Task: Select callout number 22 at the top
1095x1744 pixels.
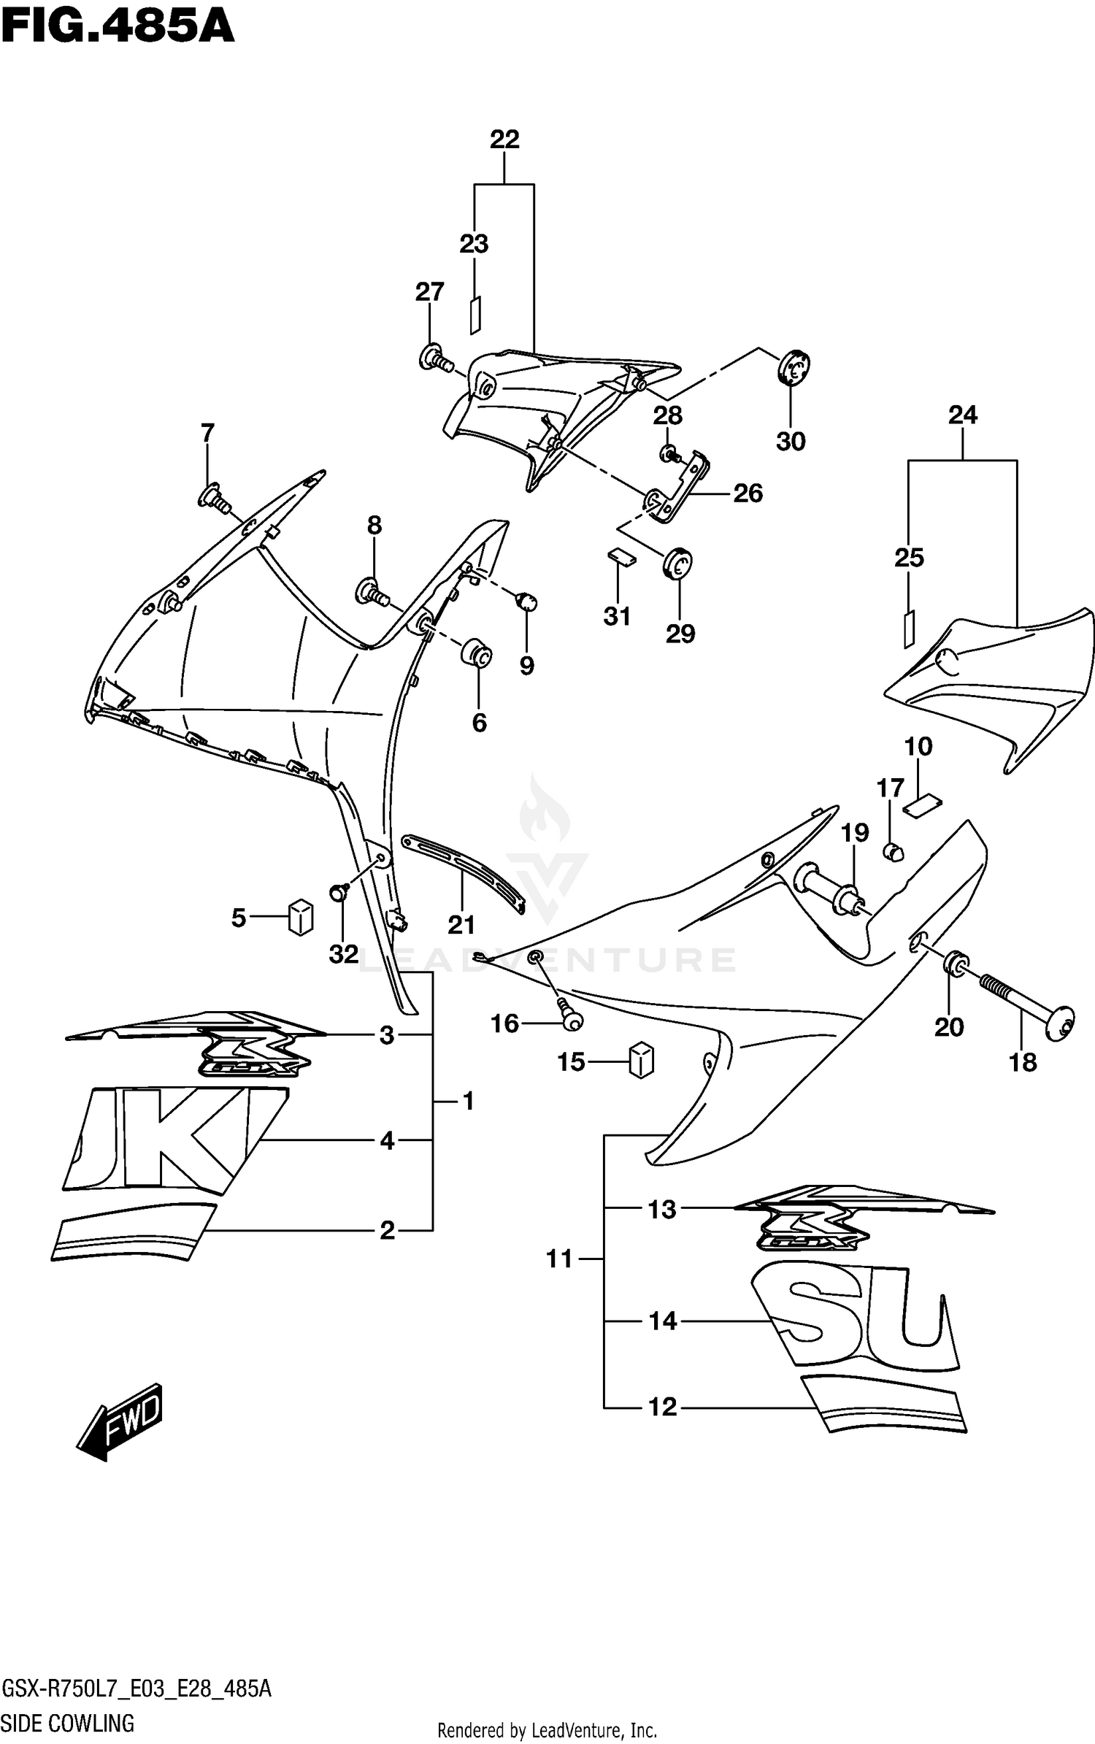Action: coord(504,139)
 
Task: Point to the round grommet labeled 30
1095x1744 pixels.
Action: coord(793,368)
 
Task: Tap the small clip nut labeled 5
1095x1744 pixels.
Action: coord(300,918)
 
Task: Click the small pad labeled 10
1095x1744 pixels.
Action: coord(923,804)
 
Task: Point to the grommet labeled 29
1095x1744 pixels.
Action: coord(678,564)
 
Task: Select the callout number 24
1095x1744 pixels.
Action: coord(962,415)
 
